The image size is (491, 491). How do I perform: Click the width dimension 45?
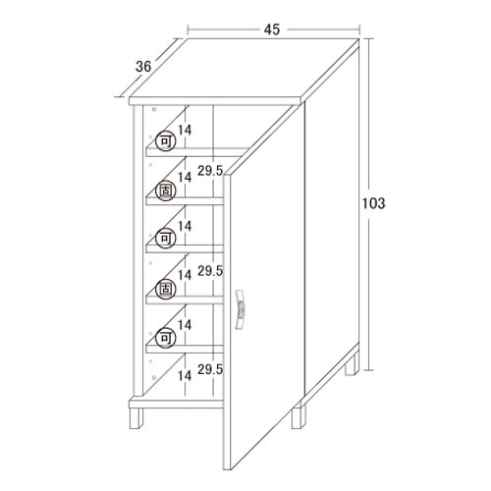click(272, 29)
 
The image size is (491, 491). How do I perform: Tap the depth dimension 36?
click(143, 67)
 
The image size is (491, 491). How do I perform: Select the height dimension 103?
click(373, 203)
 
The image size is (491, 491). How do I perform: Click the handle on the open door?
click(241, 309)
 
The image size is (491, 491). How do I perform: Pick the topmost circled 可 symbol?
click(165, 141)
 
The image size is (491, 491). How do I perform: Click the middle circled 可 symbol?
click(165, 238)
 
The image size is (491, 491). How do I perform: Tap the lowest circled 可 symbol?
click(165, 338)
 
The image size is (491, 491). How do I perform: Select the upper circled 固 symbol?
click(165, 191)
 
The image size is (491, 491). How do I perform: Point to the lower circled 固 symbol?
click(165, 290)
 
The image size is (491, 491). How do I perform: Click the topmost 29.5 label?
click(210, 171)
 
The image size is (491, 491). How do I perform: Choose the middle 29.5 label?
click(210, 271)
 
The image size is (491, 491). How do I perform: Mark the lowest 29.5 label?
click(210, 369)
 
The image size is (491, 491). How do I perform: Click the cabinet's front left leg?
click(136, 418)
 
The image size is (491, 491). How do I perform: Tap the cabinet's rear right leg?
click(352, 364)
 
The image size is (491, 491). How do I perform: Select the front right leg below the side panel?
click(299, 417)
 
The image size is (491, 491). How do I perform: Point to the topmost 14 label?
click(185, 131)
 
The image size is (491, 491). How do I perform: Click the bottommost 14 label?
click(185, 376)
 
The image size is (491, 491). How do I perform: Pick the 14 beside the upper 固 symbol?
click(185, 178)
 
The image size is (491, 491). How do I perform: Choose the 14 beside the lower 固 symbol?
click(185, 275)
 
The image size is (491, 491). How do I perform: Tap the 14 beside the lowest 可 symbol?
click(185, 325)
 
